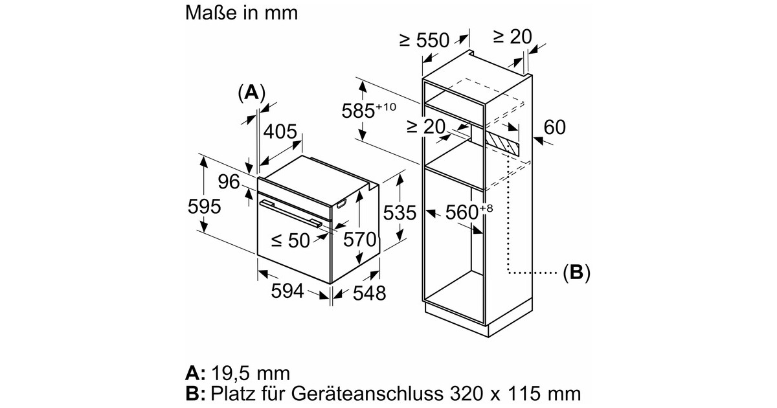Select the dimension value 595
point(203,207)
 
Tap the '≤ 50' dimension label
point(290,241)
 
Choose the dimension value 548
point(368,293)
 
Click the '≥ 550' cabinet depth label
point(424,40)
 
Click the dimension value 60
point(555,127)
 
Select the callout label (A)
point(251,93)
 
